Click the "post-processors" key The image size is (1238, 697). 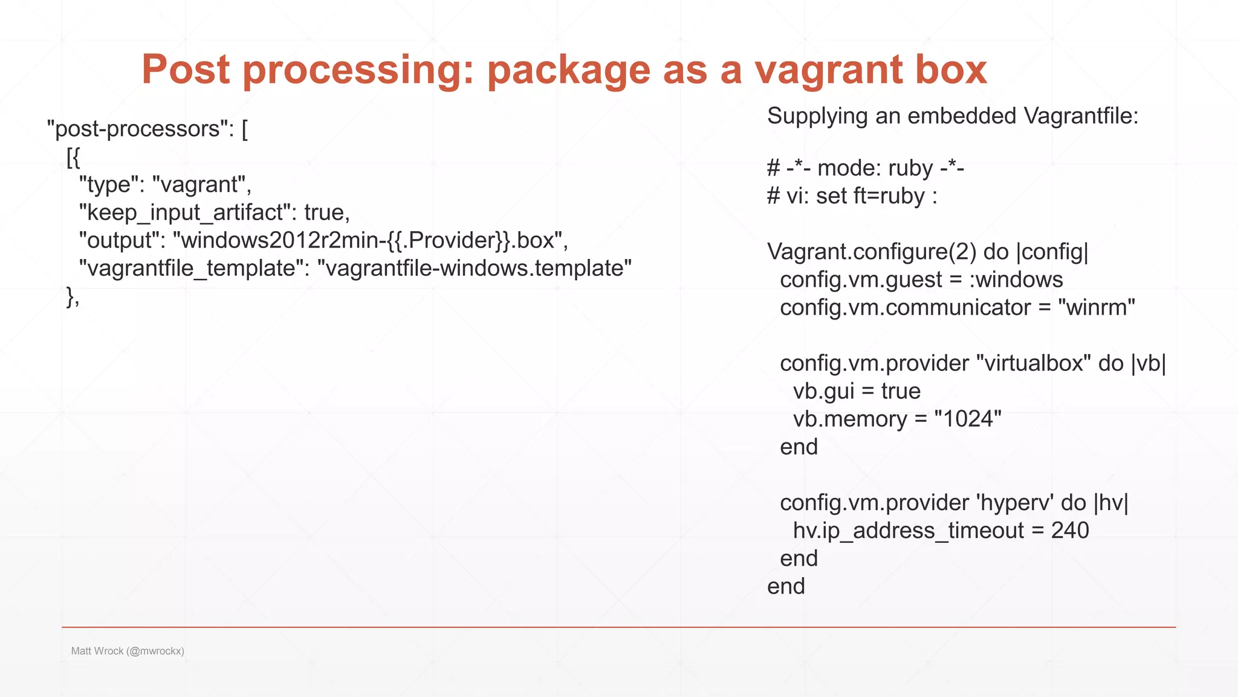pyautogui.click(x=138, y=129)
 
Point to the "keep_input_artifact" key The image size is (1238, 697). pyautogui.click(x=184, y=212)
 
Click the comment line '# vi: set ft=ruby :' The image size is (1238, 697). pyautogui.click(x=852, y=196)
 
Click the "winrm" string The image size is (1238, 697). pyautogui.click(x=1097, y=307)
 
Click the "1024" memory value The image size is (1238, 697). pyautogui.click(x=967, y=419)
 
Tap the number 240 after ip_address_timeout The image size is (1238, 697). pyautogui.click(x=1070, y=531)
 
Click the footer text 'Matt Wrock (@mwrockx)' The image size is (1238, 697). pyautogui.click(x=128, y=651)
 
